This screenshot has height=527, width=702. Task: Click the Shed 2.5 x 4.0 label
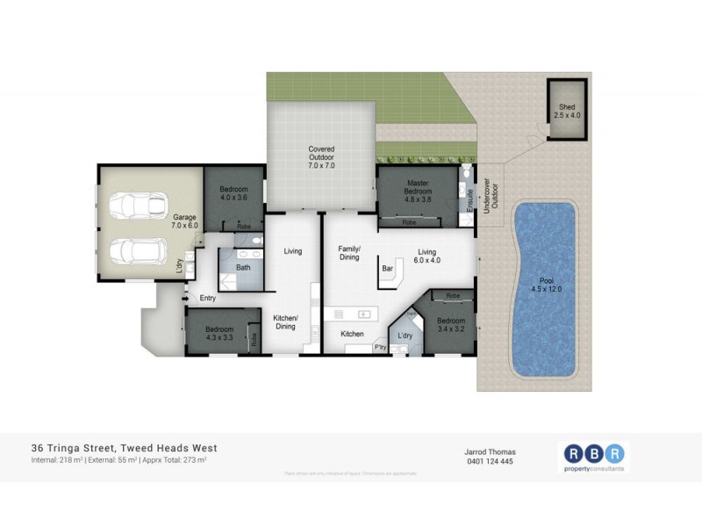pos(566,111)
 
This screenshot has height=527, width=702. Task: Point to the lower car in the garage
pos(134,251)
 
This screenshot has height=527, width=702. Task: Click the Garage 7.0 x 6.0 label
pos(184,220)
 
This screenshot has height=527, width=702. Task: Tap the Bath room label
pos(243,267)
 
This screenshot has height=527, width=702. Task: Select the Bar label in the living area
pos(386,268)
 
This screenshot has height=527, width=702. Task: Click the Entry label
pos(207,299)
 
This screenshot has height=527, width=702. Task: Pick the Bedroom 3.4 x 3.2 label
pos(451,326)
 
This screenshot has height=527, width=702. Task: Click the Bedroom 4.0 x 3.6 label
pos(233,194)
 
